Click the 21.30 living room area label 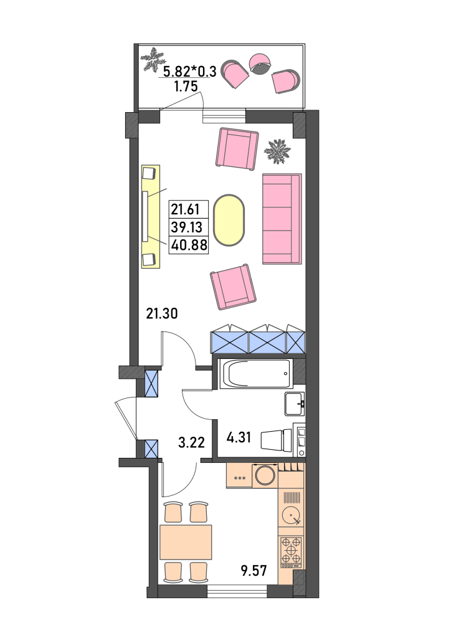pyautogui.click(x=162, y=314)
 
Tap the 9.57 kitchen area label pyautogui.click(x=254, y=571)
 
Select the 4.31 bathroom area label pyautogui.click(x=239, y=437)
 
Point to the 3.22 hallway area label pyautogui.click(x=191, y=442)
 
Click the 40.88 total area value pyautogui.click(x=189, y=245)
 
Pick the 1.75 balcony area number pyautogui.click(x=186, y=86)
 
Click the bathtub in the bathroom pyautogui.click(x=256, y=374)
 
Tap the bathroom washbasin pyautogui.click(x=295, y=404)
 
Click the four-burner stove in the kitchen pyautogui.click(x=291, y=552)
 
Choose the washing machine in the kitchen pyautogui.click(x=265, y=475)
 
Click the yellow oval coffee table pyautogui.click(x=229, y=220)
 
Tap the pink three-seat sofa pyautogui.click(x=282, y=219)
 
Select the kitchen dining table pyautogui.click(x=186, y=542)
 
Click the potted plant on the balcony pyautogui.click(x=152, y=60)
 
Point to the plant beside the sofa pyautogui.click(x=277, y=152)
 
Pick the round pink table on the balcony pyautogui.click(x=260, y=64)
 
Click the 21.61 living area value pyautogui.click(x=185, y=209)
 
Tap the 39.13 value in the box pyautogui.click(x=186, y=227)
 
